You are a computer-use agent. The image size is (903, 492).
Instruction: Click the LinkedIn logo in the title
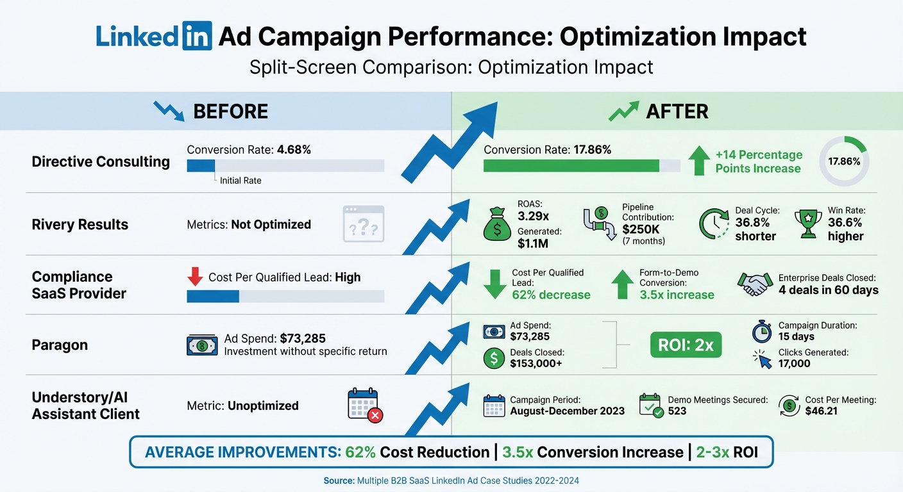[x=153, y=37]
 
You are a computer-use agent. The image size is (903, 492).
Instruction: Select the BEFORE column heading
[x=230, y=111]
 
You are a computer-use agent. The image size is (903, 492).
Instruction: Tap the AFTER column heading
[x=677, y=111]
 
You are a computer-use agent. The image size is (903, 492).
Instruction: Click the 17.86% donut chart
[x=844, y=161]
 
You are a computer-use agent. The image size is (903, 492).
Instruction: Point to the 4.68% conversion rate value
[x=294, y=150]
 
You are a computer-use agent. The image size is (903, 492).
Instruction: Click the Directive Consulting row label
[x=101, y=161]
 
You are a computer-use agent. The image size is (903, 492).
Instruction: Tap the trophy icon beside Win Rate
[x=807, y=224]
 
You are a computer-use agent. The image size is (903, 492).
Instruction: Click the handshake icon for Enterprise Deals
[x=755, y=284]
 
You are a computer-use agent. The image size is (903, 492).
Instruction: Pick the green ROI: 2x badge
[x=686, y=345]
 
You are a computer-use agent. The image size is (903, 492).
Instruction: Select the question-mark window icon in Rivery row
[x=364, y=224]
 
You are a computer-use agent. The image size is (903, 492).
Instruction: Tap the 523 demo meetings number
[x=677, y=411]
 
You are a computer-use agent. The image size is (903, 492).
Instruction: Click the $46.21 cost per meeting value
[x=822, y=411]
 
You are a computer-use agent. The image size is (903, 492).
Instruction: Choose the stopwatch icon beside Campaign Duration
[x=761, y=331]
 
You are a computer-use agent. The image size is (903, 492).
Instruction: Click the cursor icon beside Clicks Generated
[x=762, y=359]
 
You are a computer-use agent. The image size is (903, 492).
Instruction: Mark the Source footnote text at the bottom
[x=451, y=480]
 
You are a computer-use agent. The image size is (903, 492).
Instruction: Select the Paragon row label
[x=60, y=345]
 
